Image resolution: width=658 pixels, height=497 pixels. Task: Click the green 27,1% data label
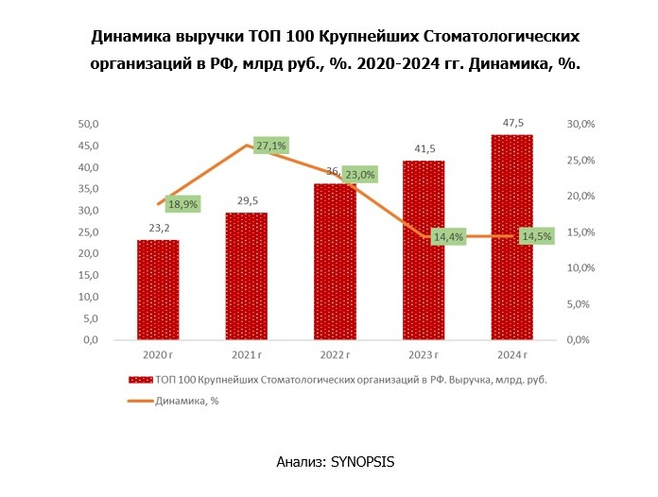(270, 146)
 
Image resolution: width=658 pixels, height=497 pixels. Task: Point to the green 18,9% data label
(182, 203)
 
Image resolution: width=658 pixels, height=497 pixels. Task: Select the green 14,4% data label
(448, 237)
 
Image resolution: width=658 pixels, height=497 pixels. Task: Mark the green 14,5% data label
(537, 236)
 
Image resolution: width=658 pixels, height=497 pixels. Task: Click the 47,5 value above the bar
(511, 123)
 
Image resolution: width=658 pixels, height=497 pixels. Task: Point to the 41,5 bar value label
(424, 148)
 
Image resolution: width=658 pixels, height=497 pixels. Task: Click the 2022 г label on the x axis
(335, 354)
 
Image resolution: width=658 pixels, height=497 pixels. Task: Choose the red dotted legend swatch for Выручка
(140, 380)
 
